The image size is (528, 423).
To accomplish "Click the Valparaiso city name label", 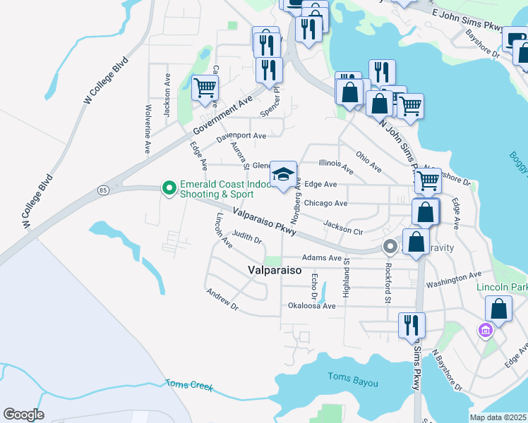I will pyautogui.click(x=275, y=270).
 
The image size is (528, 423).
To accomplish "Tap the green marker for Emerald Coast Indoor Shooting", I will pyautogui.click(x=169, y=188).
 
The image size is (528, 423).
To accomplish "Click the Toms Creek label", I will pyautogui.click(x=188, y=386).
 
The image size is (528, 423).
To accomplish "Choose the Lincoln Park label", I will pyautogui.click(x=502, y=288).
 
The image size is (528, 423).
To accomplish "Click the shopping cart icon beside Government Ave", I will pyautogui.click(x=205, y=88).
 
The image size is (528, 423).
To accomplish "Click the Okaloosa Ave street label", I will pyautogui.click(x=311, y=306).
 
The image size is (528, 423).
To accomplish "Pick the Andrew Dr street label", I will pyautogui.click(x=222, y=299).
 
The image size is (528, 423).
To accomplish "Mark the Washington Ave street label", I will pyautogui.click(x=454, y=278).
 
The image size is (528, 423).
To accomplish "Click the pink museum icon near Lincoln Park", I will pyautogui.click(x=485, y=330).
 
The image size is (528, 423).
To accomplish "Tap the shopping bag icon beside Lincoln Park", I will pyautogui.click(x=498, y=309).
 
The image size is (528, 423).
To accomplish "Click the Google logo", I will pyautogui.click(x=23, y=414).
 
